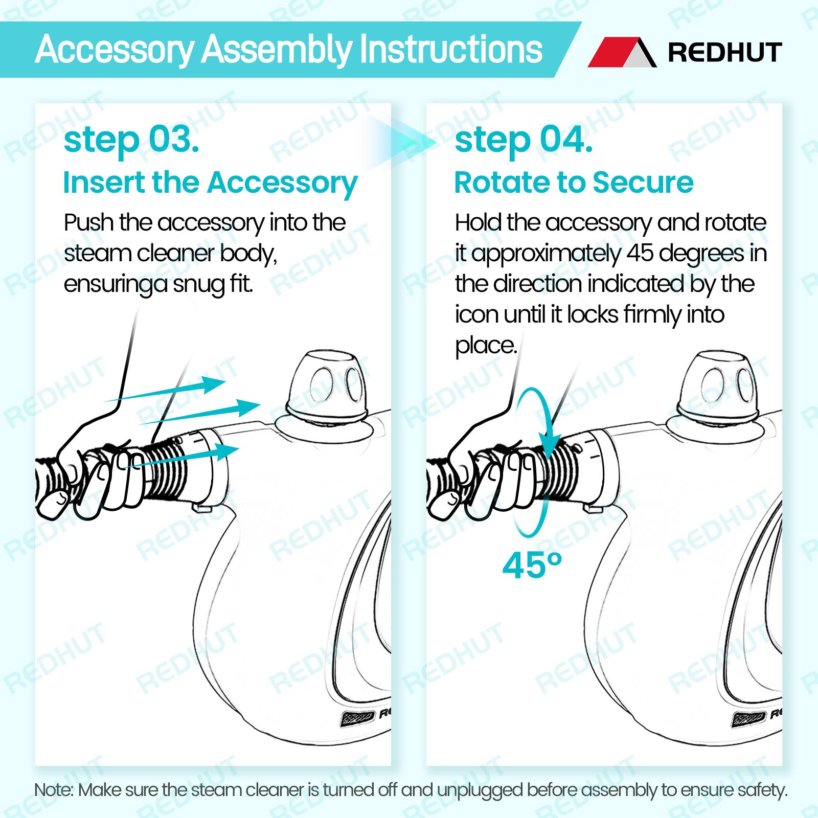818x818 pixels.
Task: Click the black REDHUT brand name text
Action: click(x=725, y=53)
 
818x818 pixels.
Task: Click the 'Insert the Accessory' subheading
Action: click(x=211, y=183)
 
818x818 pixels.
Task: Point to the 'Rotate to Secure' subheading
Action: click(x=574, y=183)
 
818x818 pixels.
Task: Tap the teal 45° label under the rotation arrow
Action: click(x=532, y=565)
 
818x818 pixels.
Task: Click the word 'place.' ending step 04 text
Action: click(x=486, y=346)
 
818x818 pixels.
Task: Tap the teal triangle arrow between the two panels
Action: click(x=412, y=141)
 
